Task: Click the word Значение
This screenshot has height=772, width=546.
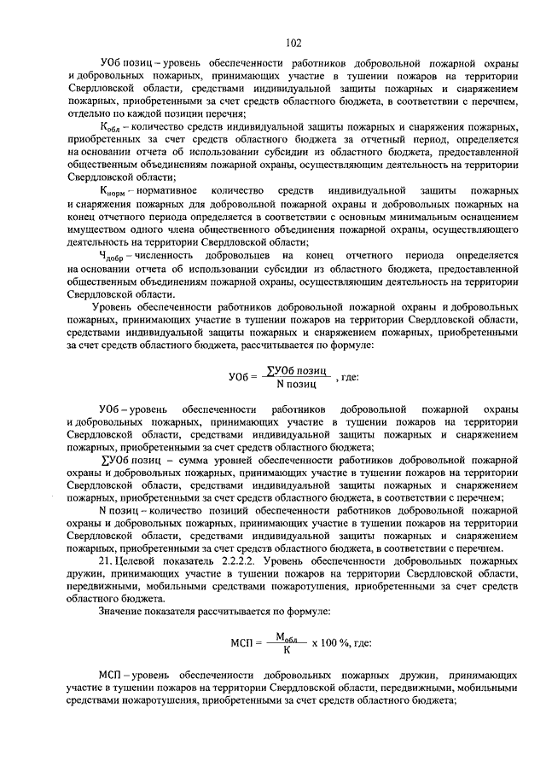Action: (x=120, y=612)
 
